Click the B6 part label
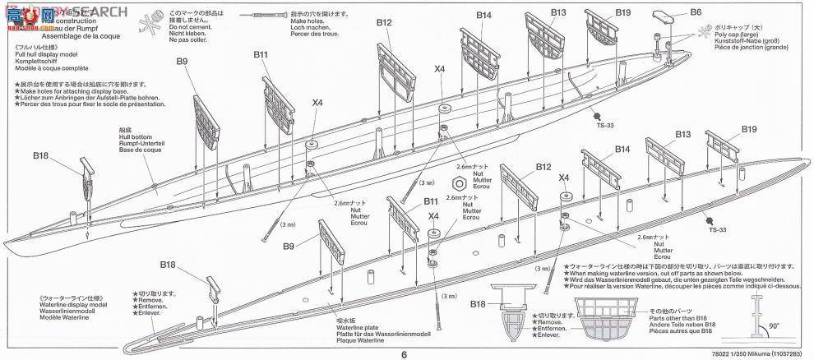point(696,12)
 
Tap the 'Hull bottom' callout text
point(136,136)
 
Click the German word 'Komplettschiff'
point(41,61)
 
